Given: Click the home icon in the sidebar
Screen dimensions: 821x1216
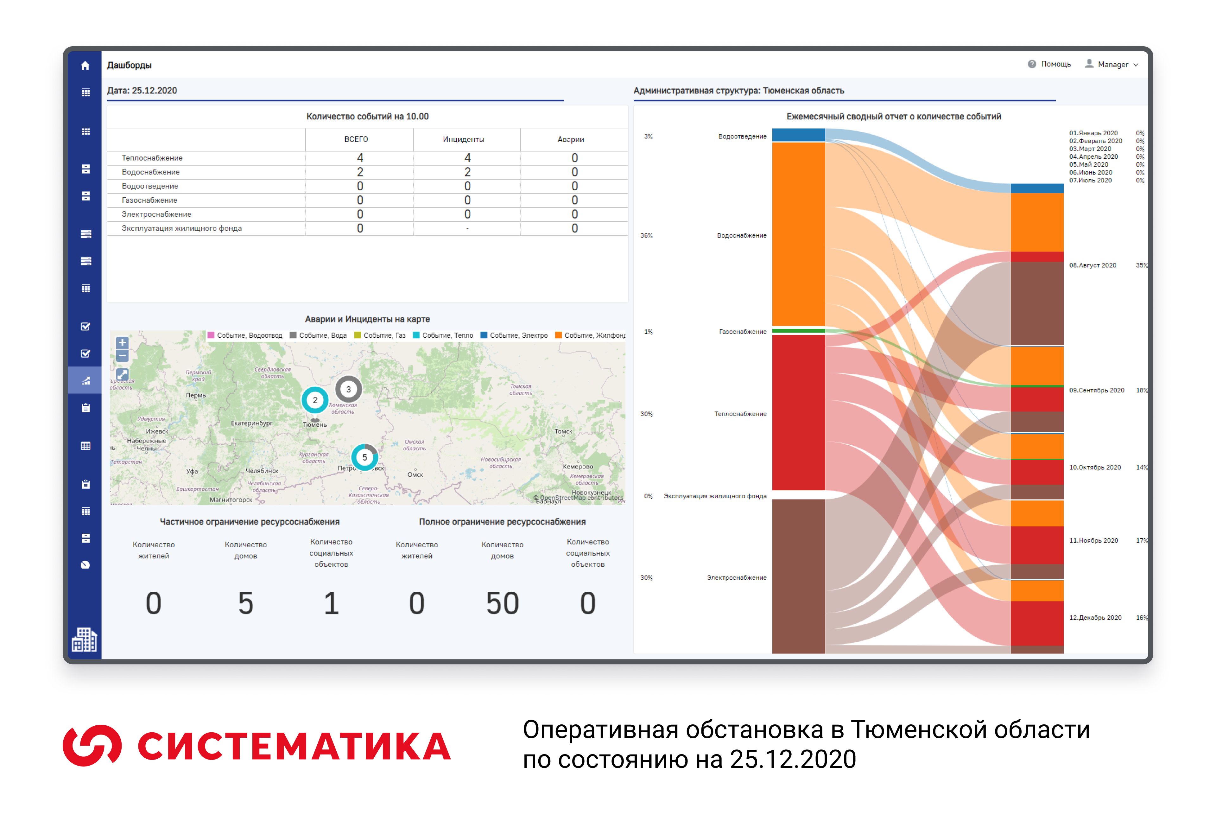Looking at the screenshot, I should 85,66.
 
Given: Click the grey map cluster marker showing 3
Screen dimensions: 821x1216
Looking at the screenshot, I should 348,389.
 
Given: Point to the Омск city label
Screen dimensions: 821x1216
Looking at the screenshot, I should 415,474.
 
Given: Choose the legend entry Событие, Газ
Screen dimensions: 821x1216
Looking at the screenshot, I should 380,335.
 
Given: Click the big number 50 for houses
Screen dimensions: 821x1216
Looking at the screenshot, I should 502,603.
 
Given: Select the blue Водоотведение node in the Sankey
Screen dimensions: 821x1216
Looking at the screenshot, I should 798,135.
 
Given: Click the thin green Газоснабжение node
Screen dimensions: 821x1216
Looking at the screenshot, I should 798,331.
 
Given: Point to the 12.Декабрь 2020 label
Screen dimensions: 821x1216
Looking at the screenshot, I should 1095,617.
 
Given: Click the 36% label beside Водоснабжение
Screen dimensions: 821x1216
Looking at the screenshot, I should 646,235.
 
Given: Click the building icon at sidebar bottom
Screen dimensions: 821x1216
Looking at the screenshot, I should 84,640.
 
